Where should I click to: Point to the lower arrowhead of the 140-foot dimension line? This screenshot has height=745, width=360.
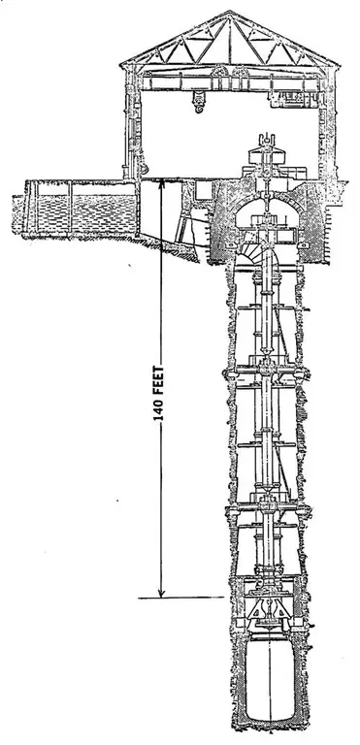162,595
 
